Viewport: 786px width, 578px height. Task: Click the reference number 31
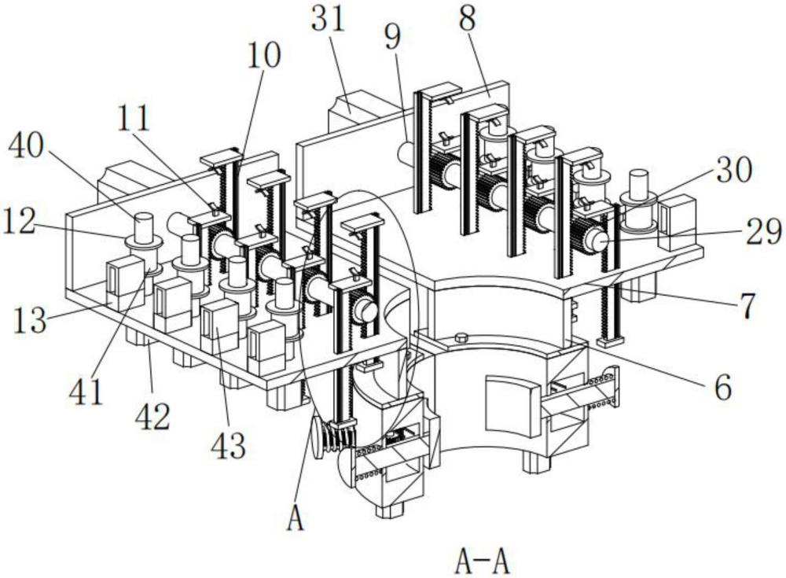click(328, 20)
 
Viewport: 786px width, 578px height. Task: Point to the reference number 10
click(263, 56)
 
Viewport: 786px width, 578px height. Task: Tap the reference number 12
click(19, 221)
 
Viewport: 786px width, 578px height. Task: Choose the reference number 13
click(30, 321)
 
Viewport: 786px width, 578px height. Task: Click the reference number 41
click(85, 392)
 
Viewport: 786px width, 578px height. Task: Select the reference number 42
click(153, 417)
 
